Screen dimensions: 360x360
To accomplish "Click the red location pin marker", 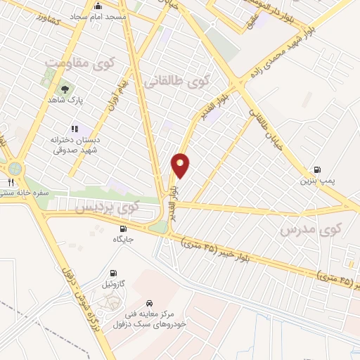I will tap(181, 165).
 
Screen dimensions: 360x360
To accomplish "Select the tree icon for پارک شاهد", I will tap(65, 89).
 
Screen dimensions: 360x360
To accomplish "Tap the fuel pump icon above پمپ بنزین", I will tap(319, 169).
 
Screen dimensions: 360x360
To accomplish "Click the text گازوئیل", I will tap(113, 284).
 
